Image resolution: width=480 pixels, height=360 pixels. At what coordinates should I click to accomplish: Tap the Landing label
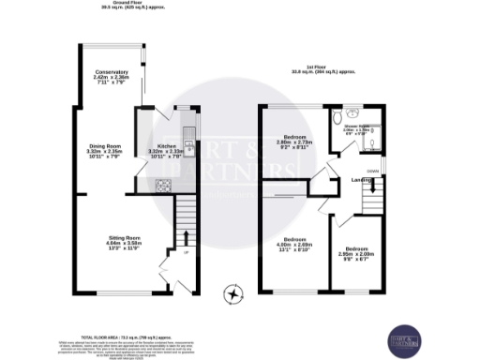coord(362,179)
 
